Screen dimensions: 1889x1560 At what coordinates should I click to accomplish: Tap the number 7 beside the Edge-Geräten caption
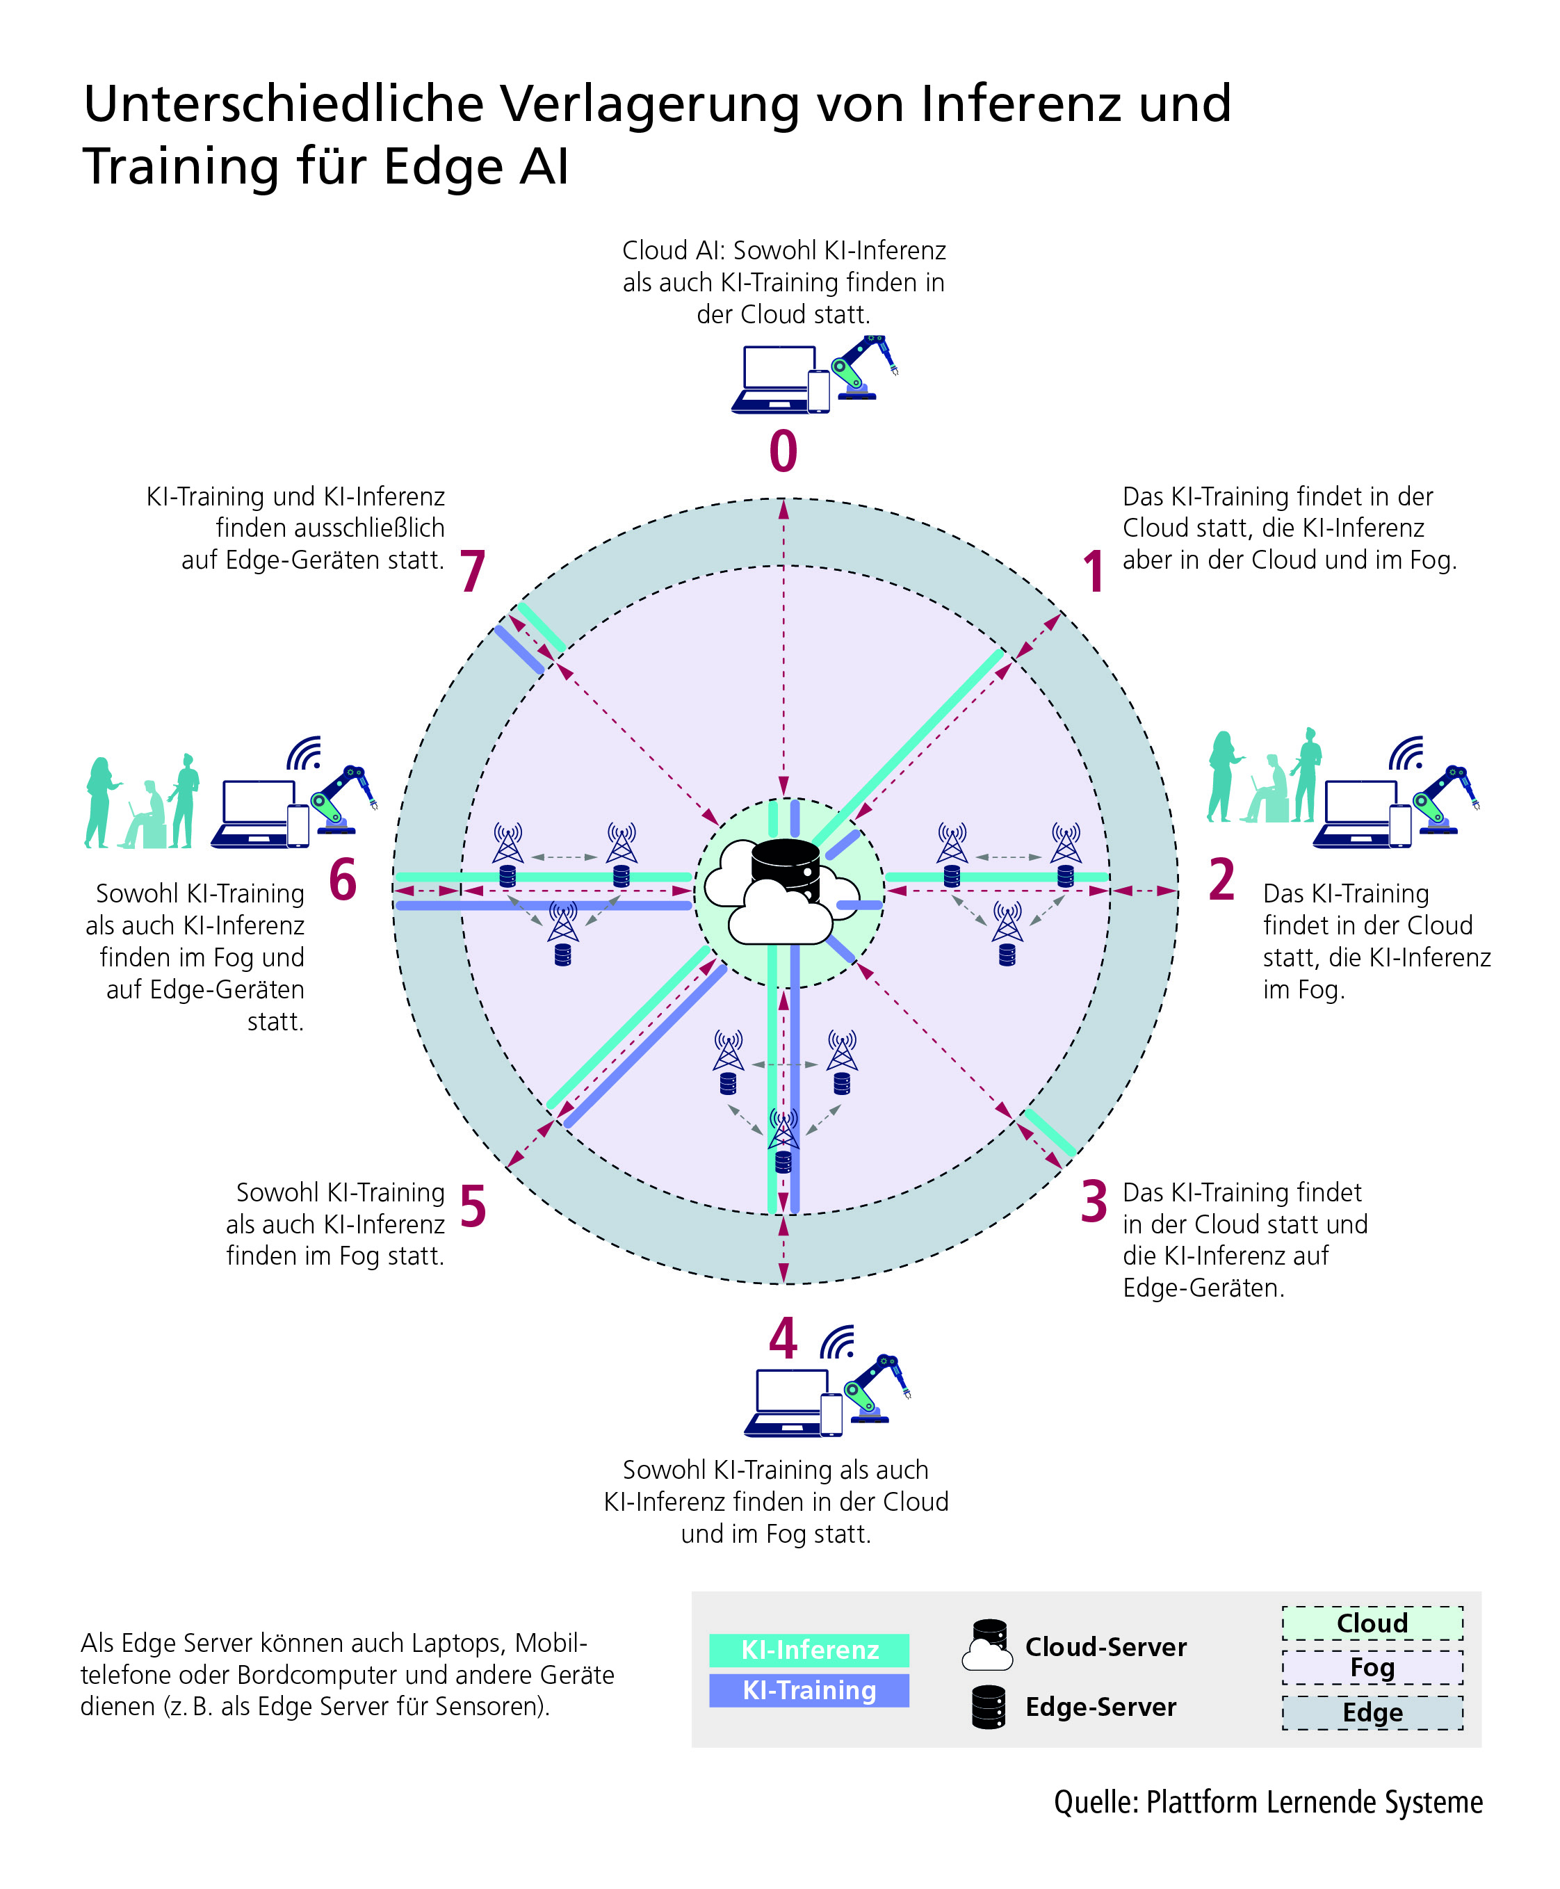(473, 571)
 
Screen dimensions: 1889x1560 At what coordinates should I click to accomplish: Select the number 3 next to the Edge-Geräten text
(1094, 1201)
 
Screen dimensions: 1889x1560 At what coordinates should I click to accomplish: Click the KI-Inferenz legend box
(809, 1650)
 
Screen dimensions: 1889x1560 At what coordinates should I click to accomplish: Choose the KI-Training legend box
(809, 1690)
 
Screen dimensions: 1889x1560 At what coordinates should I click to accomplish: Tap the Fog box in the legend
(1372, 1668)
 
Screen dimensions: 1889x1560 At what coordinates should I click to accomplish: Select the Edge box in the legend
(1372, 1712)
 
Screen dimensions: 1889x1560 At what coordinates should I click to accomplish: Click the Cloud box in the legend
(1372, 1623)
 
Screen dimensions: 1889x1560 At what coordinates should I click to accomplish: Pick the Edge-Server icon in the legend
(989, 1705)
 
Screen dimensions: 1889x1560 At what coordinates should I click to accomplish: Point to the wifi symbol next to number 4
(838, 1341)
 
